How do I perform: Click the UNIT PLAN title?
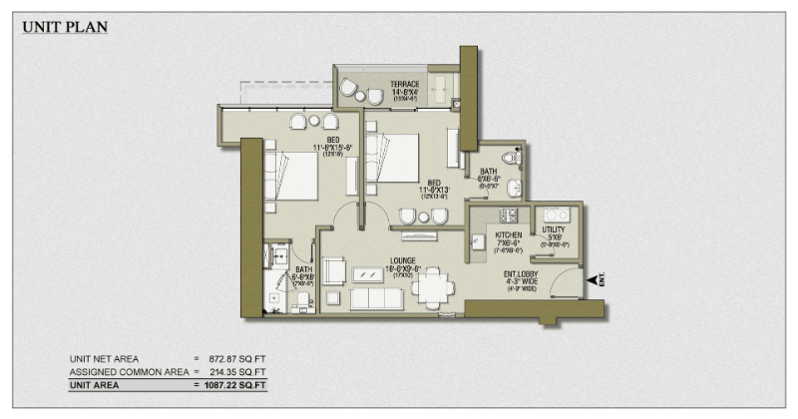[65, 27]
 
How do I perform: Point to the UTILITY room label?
[554, 230]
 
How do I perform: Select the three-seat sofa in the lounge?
[377, 299]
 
